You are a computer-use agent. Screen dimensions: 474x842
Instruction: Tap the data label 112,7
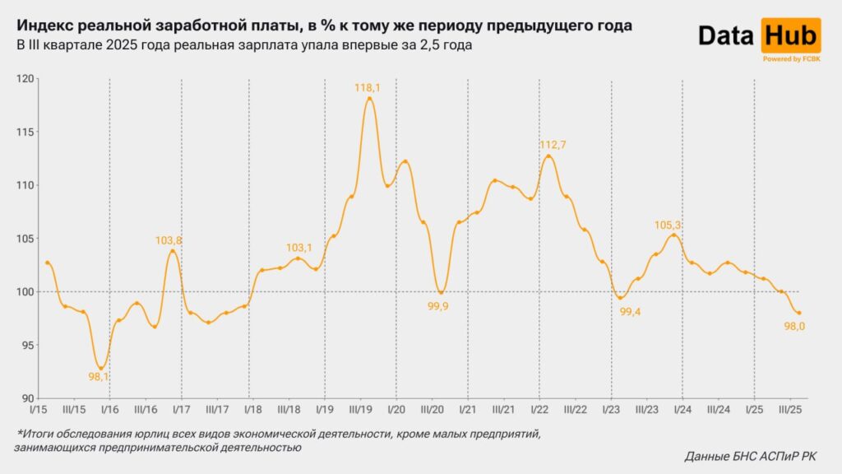(x=553, y=145)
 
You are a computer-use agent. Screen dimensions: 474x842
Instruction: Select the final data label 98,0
(x=793, y=327)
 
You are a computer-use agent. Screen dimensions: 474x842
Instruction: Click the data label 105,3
(x=669, y=225)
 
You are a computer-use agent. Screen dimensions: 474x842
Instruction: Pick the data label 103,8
(x=169, y=240)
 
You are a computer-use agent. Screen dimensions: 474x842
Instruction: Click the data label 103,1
(x=299, y=248)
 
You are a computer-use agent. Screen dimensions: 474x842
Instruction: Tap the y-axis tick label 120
(x=27, y=79)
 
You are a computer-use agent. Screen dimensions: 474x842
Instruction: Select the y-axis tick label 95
(x=30, y=345)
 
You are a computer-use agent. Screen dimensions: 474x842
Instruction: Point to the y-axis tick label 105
(x=27, y=239)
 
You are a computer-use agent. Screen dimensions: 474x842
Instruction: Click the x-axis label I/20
(x=396, y=409)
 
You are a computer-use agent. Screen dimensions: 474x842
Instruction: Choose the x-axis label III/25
(x=790, y=409)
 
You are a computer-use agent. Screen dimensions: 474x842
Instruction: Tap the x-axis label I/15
(x=38, y=409)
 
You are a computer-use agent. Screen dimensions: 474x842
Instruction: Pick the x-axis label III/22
(x=575, y=409)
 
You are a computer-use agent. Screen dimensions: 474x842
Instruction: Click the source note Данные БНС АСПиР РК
(x=751, y=456)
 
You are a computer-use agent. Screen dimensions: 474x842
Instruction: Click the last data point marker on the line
(x=799, y=313)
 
